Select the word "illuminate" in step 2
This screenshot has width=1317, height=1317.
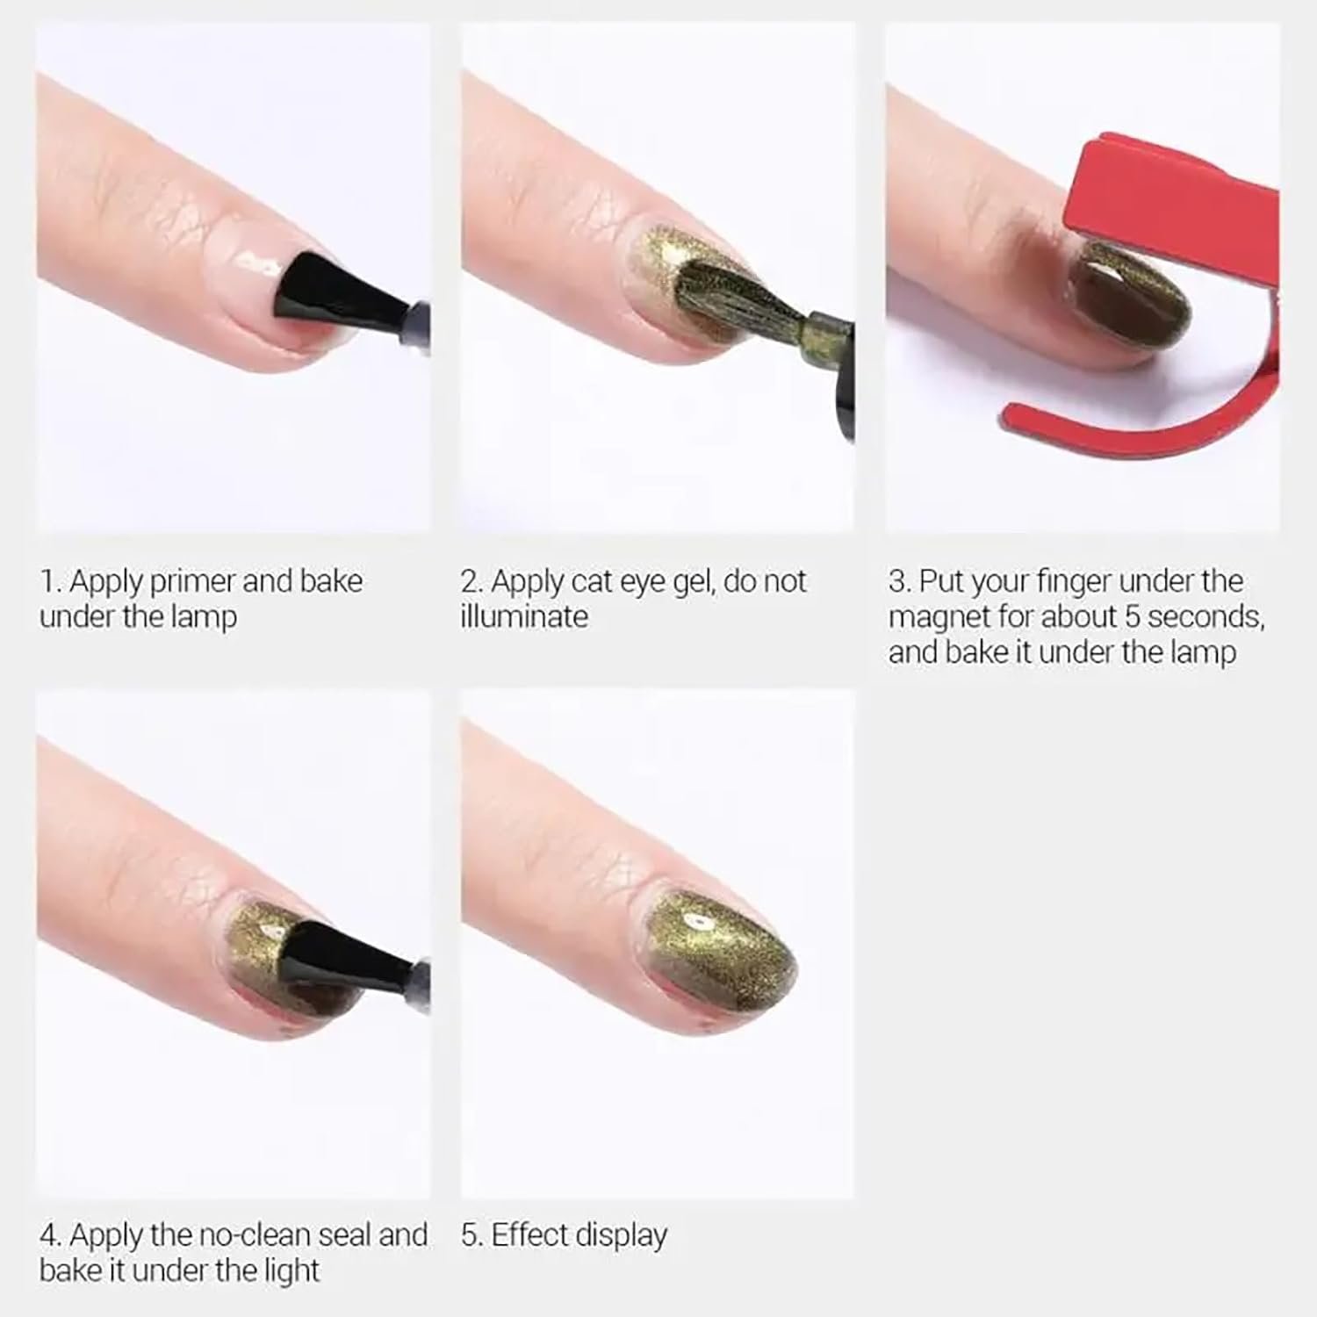click(524, 616)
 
